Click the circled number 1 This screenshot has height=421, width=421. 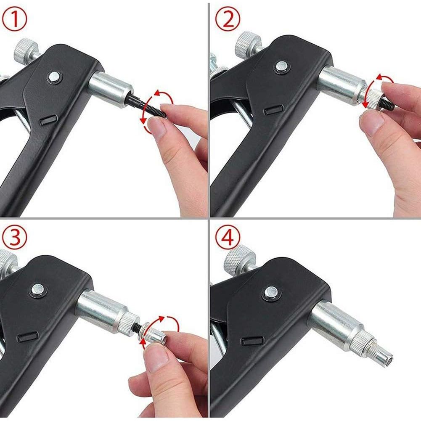click(14, 20)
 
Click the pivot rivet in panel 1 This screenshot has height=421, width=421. click(54, 77)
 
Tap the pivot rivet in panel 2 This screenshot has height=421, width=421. click(281, 66)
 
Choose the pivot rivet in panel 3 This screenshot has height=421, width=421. click(38, 289)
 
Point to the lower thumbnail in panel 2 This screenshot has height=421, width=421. click(372, 122)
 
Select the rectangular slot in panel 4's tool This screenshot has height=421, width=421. click(252, 340)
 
